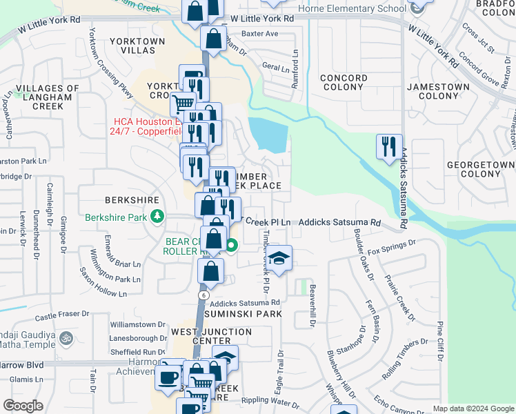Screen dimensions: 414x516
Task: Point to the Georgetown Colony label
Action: pos(480,169)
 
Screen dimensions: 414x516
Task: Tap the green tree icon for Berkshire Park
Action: pos(158,217)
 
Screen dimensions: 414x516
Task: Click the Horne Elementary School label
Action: pos(352,8)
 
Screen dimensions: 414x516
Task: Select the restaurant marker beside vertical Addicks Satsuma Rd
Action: pos(387,146)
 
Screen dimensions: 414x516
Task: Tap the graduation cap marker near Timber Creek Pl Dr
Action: pos(279,257)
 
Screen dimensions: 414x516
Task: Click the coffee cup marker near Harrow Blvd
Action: pos(167,377)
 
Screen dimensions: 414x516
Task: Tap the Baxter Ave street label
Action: pos(259,33)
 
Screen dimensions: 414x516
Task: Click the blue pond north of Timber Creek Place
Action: pos(267,134)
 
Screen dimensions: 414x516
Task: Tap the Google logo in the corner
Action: pos(23,406)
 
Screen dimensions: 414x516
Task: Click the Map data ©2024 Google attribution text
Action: pos(473,408)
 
